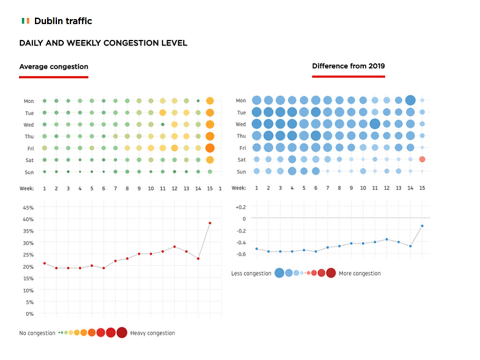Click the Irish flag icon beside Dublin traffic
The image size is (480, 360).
pyautogui.click(x=25, y=21)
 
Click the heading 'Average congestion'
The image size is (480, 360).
pyautogui.click(x=53, y=67)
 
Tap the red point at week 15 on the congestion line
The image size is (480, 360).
pyautogui.click(x=210, y=223)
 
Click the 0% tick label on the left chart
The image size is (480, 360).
pyautogui.click(x=30, y=314)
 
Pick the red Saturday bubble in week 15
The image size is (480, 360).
pyautogui.click(x=422, y=159)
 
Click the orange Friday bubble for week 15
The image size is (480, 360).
pyautogui.click(x=210, y=148)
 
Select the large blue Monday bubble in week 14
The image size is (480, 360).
pyautogui.click(x=410, y=100)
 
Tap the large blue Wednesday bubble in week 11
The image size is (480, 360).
pyautogui.click(x=375, y=124)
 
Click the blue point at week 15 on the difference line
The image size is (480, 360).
pyautogui.click(x=422, y=226)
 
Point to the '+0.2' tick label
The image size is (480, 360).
pyautogui.click(x=240, y=207)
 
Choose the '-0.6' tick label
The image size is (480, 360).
pyautogui.click(x=240, y=254)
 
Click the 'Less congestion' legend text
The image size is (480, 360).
pyautogui.click(x=251, y=273)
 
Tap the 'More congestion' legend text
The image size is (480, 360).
pyautogui.click(x=360, y=273)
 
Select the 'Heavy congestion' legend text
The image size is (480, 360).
pyautogui.click(x=152, y=333)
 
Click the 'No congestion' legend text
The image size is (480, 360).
pyautogui.click(x=37, y=333)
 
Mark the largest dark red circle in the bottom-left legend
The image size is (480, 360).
pyautogui.click(x=122, y=333)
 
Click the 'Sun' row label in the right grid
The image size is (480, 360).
pyautogui.click(x=241, y=172)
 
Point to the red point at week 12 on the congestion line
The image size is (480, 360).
pyautogui.click(x=174, y=247)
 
